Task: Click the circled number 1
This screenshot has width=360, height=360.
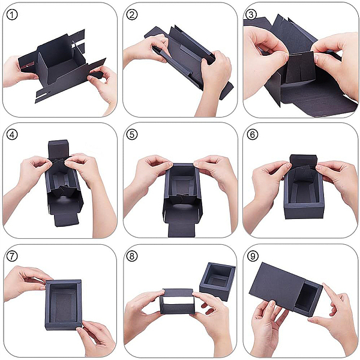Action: (x=12, y=15)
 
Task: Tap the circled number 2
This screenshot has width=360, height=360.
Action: (x=132, y=15)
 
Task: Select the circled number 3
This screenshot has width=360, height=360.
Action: (x=251, y=14)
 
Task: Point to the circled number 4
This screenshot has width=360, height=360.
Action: (x=12, y=134)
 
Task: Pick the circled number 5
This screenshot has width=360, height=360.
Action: (x=132, y=134)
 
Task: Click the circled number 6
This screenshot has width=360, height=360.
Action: (x=253, y=134)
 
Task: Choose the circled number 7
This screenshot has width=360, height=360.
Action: (x=12, y=256)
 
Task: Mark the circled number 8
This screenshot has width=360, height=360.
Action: (x=132, y=256)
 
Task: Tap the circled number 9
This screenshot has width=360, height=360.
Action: (x=253, y=256)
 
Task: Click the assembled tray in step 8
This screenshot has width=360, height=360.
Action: (x=217, y=281)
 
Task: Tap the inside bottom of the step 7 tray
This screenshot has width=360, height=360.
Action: (x=63, y=305)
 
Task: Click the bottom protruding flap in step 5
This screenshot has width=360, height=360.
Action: (x=181, y=230)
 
